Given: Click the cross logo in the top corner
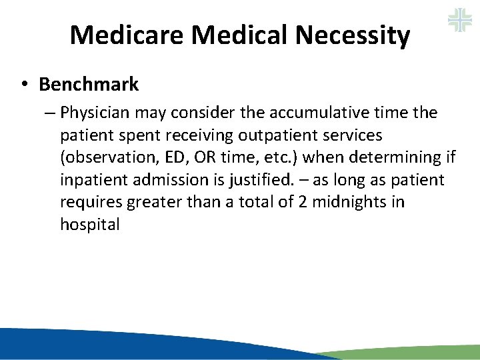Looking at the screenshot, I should click(x=459, y=19).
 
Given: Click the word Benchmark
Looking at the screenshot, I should click(x=89, y=85).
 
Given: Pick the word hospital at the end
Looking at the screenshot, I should click(x=90, y=225).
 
